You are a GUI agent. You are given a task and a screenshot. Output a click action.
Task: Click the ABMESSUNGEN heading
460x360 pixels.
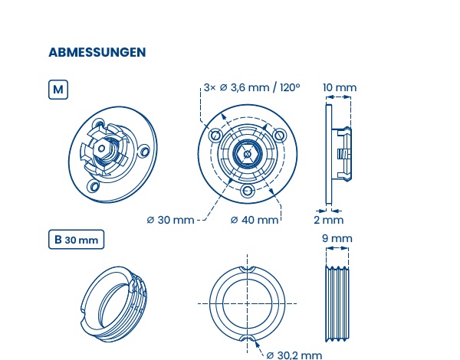tap(97, 52)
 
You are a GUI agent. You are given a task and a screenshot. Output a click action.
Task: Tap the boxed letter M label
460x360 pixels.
tap(58, 90)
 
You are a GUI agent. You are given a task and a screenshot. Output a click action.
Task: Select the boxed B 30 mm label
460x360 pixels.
tap(76, 240)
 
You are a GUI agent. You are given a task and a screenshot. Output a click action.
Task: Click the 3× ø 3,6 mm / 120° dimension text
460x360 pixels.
tap(251, 87)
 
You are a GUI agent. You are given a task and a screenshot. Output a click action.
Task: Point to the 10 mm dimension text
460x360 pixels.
tap(340, 87)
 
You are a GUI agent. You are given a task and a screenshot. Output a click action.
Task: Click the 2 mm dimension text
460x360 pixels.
tap(329, 220)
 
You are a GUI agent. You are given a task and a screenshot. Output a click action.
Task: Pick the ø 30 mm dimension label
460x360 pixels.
tap(170, 220)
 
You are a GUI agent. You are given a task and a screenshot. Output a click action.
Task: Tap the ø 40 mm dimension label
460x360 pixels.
tap(255, 220)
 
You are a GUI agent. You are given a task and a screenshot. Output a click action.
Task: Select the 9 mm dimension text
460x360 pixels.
tap(337, 238)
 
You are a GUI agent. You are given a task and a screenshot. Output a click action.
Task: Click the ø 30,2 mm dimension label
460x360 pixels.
tap(294, 355)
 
